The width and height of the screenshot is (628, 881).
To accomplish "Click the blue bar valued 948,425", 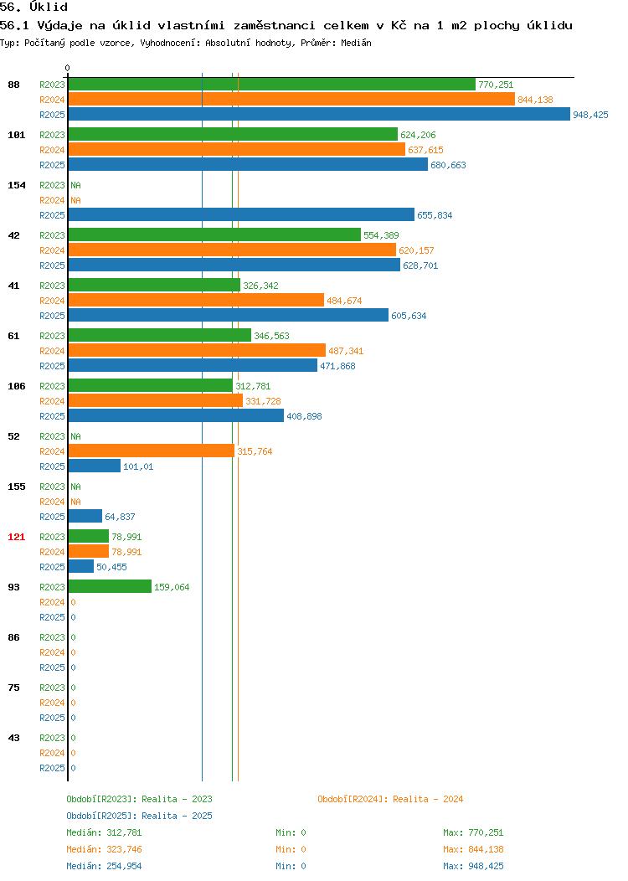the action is point(319,114).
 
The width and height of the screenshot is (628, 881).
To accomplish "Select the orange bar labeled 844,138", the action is point(291,99).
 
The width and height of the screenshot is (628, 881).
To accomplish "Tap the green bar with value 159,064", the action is point(110,586).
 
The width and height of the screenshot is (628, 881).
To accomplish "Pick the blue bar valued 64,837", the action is point(85,516).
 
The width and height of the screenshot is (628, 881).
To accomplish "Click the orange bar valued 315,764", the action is point(152,451).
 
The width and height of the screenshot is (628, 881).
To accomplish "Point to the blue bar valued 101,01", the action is point(95,466).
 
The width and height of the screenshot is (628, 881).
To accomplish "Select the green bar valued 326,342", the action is point(154,285).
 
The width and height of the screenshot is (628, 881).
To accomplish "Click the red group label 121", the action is point(16,537).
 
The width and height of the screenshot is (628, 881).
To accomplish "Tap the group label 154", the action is point(16,185).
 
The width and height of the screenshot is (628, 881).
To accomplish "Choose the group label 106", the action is point(16,387).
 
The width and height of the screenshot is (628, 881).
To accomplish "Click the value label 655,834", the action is point(435,215).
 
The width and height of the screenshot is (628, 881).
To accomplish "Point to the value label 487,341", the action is point(346,351).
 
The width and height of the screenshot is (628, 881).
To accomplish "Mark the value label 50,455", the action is point(111,568).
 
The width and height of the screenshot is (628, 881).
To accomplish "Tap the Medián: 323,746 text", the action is point(104,849).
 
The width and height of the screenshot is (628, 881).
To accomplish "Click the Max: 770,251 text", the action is point(473,832).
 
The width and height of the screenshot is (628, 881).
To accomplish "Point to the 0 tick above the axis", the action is point(68,68).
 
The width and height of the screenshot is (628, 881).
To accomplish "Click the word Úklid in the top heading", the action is point(49,7).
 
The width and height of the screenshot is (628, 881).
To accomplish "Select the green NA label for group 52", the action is point(76,436).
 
